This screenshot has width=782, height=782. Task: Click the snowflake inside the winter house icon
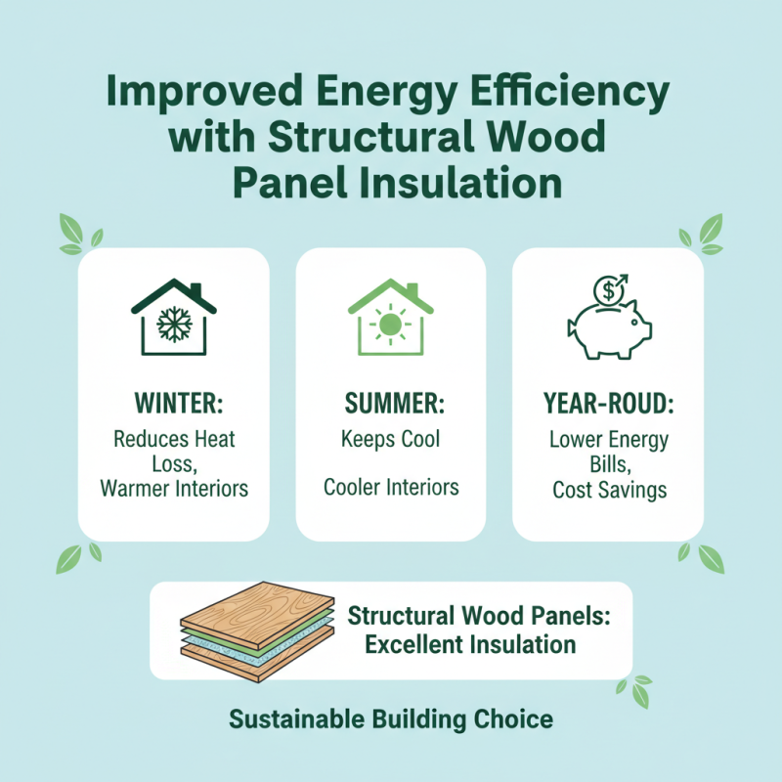tap(173, 324)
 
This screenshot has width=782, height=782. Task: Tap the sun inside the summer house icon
tap(390, 324)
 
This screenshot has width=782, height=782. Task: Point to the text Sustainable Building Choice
tap(391, 720)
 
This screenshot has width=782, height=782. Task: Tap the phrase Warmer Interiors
tap(174, 487)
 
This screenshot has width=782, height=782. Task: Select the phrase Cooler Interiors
tap(390, 487)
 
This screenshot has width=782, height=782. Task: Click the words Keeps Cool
tap(390, 438)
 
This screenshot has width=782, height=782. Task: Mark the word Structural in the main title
tap(362, 138)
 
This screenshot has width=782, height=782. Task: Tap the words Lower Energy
tap(609, 439)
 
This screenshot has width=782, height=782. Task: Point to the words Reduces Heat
tap(174, 439)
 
